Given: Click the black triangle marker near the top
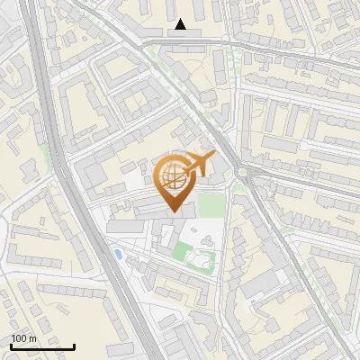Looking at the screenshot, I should coord(182,24).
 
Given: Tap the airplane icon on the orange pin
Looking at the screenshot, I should coord(195,166).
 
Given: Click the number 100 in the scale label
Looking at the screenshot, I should coord(19,338).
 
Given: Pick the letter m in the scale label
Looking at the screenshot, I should coord(32,338).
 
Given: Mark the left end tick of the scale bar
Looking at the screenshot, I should coord(10,346).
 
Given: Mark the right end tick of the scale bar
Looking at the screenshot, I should coord(75,346).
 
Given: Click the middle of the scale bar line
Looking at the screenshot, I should coord(42,346).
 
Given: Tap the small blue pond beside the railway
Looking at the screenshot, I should coord(118,255).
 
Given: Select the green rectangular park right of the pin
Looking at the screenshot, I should coord(211,204).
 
